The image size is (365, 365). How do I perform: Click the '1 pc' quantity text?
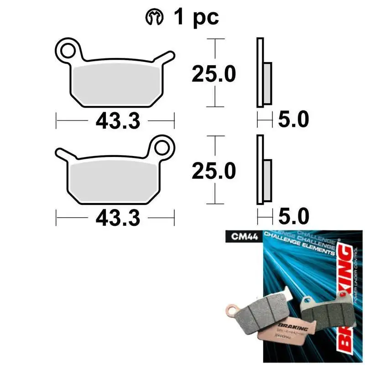[x=196, y=17]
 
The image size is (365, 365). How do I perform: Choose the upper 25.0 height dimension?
[x=213, y=74]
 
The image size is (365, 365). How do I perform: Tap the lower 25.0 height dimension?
[x=213, y=171]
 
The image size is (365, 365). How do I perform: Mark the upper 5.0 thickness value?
[x=293, y=120]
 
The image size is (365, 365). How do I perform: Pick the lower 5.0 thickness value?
[x=293, y=217]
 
